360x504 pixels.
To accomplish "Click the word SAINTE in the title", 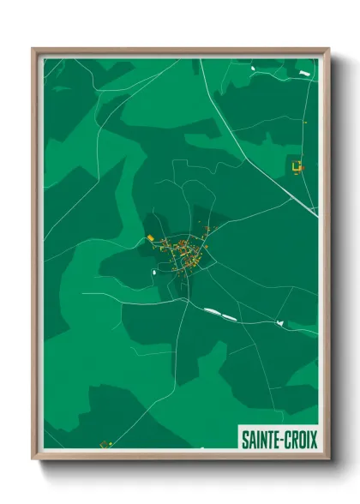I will [x=260, y=440].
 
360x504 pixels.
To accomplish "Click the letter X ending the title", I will [x=314, y=440].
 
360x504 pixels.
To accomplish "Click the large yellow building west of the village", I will [x=150, y=237].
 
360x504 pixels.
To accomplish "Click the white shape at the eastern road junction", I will [x=279, y=322].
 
